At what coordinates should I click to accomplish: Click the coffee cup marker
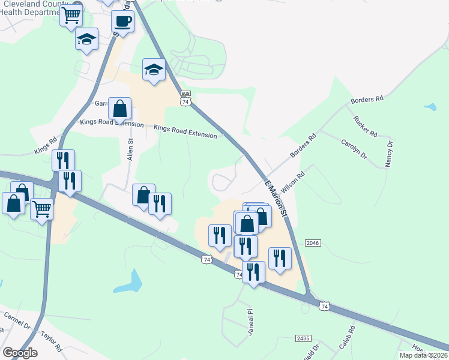122,22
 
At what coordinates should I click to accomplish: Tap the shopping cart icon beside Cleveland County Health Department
71,15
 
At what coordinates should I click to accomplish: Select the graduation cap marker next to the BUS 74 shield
154,70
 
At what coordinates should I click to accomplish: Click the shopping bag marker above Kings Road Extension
120,109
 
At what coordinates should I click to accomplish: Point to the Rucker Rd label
365,125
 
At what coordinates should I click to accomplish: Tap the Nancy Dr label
390,154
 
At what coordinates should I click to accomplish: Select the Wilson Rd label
293,181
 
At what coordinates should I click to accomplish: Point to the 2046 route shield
313,242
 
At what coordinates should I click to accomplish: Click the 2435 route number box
303,338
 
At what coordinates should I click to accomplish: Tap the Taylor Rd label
52,341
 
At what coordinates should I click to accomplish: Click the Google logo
20,353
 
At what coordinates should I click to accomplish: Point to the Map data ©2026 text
423,355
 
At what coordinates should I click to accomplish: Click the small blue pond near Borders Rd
430,107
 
